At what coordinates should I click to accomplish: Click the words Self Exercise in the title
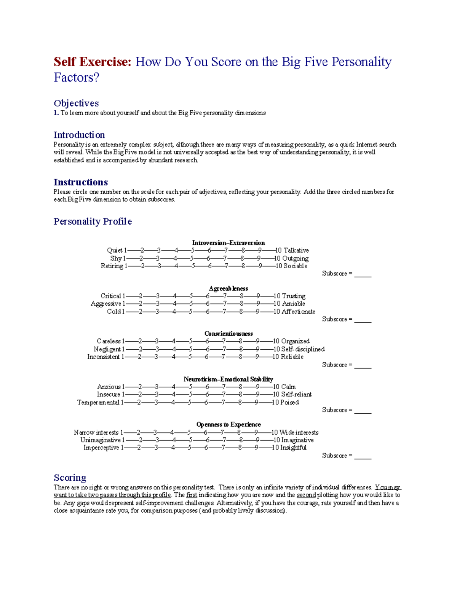(x=92, y=62)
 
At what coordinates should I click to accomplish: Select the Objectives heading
(x=76, y=103)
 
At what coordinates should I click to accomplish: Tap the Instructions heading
(x=80, y=182)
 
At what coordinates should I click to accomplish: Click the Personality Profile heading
(x=93, y=221)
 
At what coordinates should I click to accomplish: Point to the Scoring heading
(x=70, y=478)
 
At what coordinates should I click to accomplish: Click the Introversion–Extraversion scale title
(x=228, y=243)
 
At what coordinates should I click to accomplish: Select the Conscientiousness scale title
(x=228, y=334)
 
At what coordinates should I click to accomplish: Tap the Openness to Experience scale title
(x=228, y=424)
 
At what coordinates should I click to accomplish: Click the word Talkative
(x=296, y=250)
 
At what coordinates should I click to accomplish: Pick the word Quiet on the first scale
(x=114, y=250)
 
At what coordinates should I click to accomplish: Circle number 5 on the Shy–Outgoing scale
(x=192, y=258)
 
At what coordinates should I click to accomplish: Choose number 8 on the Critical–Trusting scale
(x=241, y=296)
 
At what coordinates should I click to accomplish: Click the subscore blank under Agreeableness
(x=363, y=320)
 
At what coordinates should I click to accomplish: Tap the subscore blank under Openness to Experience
(x=363, y=456)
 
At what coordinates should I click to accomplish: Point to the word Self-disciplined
(x=303, y=349)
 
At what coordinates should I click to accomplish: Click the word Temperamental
(x=98, y=403)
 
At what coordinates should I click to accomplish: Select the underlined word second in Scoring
(x=306, y=495)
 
